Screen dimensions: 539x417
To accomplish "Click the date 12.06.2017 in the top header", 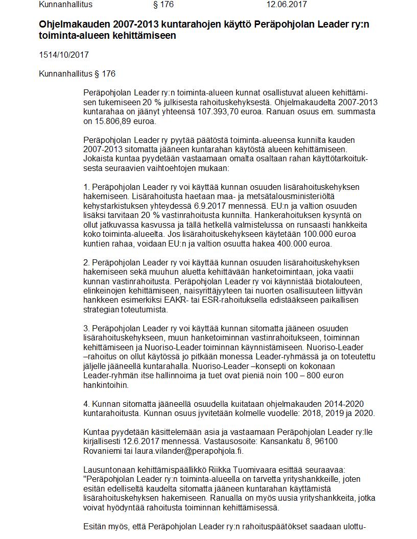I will point(286,5).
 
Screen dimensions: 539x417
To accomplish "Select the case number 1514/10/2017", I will point(60,55).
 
